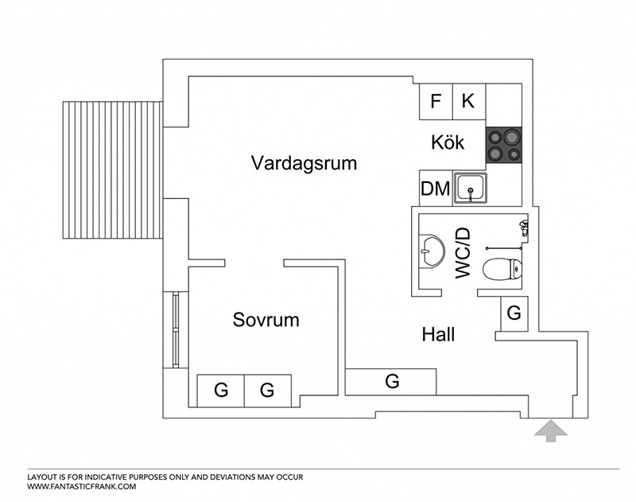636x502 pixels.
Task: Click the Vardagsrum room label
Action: (304, 163)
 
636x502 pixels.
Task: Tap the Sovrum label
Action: (266, 320)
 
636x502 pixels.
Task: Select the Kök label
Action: (448, 142)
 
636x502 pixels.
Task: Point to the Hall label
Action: (439, 334)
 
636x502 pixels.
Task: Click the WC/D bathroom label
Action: (463, 253)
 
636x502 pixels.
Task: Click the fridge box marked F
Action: (436, 102)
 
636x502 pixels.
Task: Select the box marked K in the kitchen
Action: (469, 102)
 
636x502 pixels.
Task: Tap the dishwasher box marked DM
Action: (436, 188)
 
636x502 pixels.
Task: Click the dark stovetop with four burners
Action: (504, 145)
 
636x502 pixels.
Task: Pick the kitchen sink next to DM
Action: (471, 188)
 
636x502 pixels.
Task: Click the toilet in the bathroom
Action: (502, 269)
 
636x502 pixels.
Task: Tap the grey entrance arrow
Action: (550, 431)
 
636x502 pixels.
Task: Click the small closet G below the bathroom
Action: (514, 313)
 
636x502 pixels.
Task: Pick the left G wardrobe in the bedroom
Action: (221, 391)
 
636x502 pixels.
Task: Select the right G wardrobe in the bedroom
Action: (268, 391)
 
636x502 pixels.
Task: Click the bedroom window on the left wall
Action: (175, 329)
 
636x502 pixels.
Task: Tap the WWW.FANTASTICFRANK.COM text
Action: (82, 487)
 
